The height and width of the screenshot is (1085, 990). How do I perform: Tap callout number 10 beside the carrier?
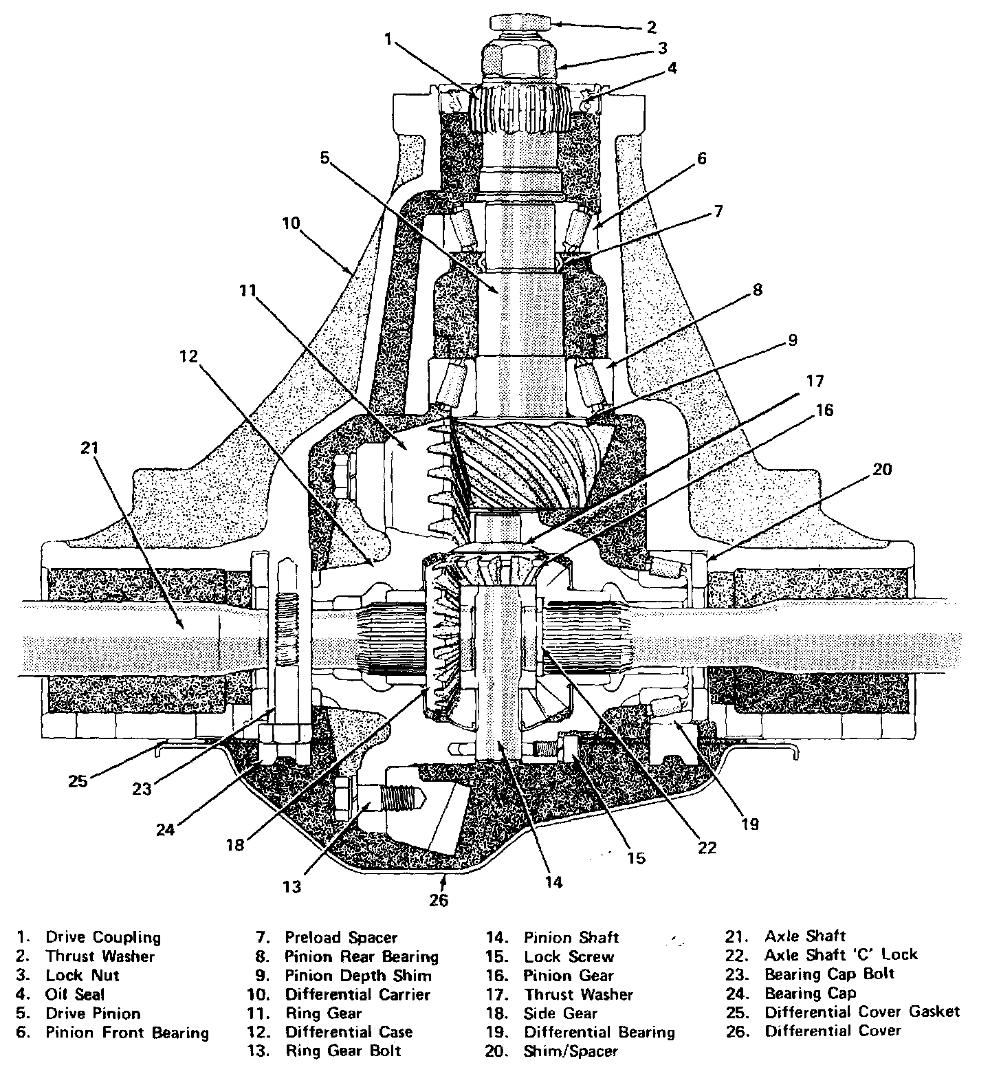(291, 223)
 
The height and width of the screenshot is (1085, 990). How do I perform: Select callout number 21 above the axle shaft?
(90, 448)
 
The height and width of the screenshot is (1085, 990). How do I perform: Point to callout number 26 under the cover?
(439, 899)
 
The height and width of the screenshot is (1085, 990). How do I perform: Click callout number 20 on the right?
(882, 470)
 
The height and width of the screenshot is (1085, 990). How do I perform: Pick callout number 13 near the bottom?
(292, 887)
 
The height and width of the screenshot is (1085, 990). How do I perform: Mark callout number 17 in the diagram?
(815, 381)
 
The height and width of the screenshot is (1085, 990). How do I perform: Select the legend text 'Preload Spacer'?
(341, 937)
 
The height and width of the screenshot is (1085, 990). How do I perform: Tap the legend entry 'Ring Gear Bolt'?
(343, 1051)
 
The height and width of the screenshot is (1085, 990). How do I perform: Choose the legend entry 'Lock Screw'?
(569, 956)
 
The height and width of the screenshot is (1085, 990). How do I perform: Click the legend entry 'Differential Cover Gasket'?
(862, 1012)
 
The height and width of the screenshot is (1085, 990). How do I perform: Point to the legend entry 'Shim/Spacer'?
(571, 1051)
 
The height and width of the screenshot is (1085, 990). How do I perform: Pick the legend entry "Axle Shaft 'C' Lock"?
(841, 955)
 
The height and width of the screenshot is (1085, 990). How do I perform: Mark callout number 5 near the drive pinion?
(324, 157)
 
